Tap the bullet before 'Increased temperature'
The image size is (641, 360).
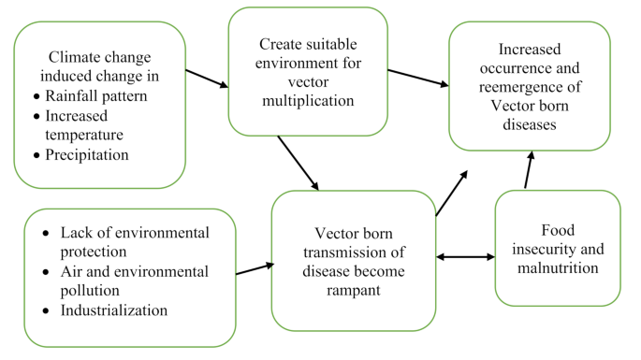[x=36, y=117]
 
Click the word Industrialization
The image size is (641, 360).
[x=114, y=310]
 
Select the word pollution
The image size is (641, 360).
[x=90, y=290]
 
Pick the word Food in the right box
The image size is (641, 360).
[x=557, y=230]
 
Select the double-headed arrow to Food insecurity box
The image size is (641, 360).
[x=465, y=256]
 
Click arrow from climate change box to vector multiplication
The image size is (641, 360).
[x=207, y=78]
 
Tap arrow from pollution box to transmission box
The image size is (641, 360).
[x=254, y=268]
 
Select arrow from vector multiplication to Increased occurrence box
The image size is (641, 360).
[x=417, y=78]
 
